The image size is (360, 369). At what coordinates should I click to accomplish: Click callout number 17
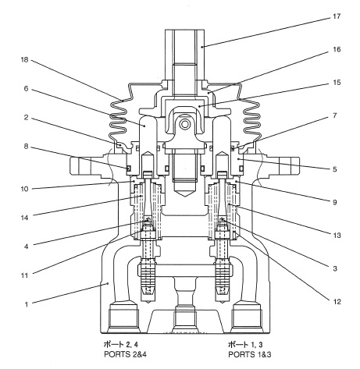coord(337,16)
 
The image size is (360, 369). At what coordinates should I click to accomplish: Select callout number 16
coord(337,49)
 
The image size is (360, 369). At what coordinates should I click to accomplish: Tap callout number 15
coord(337,83)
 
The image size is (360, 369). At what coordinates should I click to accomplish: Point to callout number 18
coord(24,60)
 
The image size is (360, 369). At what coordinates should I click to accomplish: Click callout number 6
coord(26,89)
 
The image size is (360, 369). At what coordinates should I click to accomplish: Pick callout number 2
coord(26,118)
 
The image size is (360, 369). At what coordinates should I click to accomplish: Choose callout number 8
coord(26,147)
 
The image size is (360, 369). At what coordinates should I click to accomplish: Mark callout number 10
coord(24,189)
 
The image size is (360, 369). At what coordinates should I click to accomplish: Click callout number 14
coord(24,218)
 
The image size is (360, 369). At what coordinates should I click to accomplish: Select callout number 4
coord(26,247)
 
